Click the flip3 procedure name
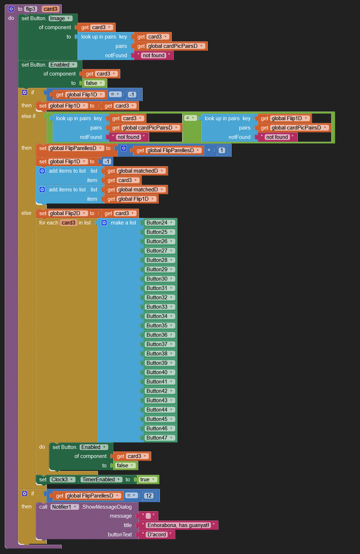31,9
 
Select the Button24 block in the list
157,223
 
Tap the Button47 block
157,438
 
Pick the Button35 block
157,326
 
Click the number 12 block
149,496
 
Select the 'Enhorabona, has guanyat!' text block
178,525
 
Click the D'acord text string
157,535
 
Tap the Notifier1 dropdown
64,507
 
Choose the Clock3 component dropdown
62,480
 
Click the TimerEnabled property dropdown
101,480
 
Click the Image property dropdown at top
60,18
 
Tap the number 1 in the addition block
222,150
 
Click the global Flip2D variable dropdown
68,213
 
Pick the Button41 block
157,382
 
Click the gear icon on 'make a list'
104,223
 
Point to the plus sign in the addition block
209,150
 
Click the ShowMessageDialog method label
107,507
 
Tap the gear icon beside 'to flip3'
11,9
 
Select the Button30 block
157,279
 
